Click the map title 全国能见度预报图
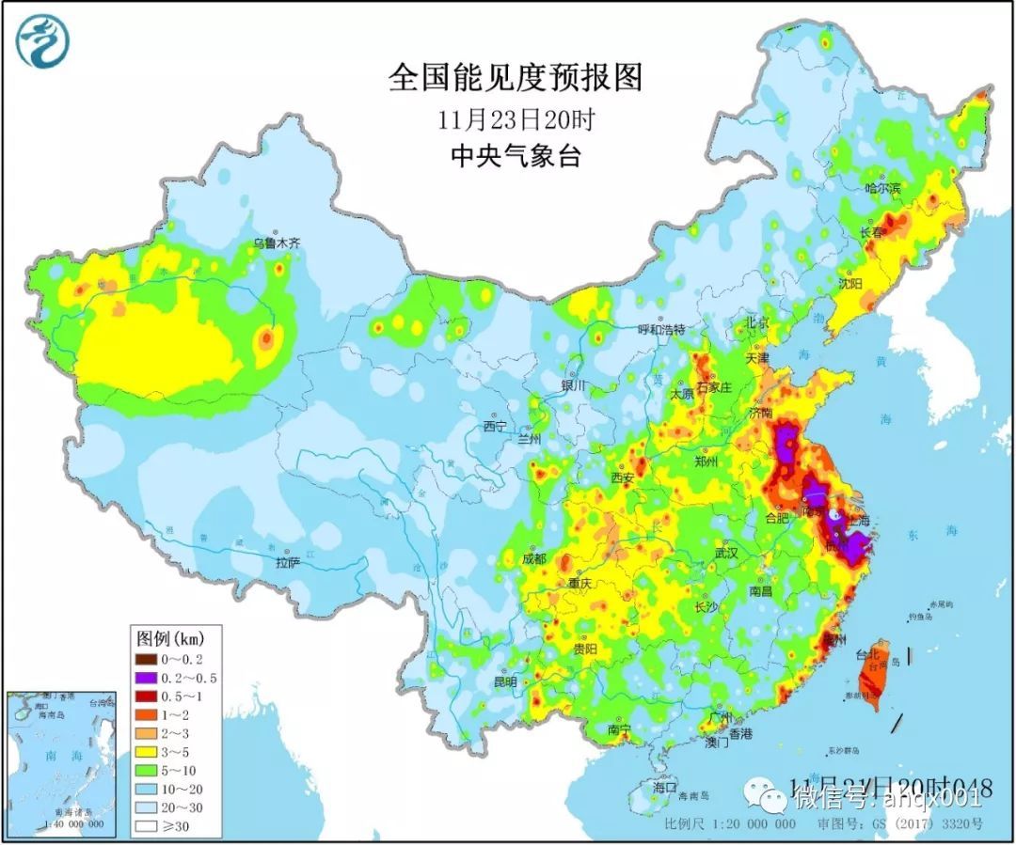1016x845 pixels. [515, 78]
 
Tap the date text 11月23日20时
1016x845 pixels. [515, 120]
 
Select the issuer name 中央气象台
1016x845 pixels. [515, 155]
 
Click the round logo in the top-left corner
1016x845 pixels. [42, 42]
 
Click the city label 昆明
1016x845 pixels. [505, 681]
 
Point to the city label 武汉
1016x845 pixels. [726, 554]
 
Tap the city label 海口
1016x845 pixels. [665, 786]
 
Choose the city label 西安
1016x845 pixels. [623, 477]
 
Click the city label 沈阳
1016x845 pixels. [849, 282]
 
